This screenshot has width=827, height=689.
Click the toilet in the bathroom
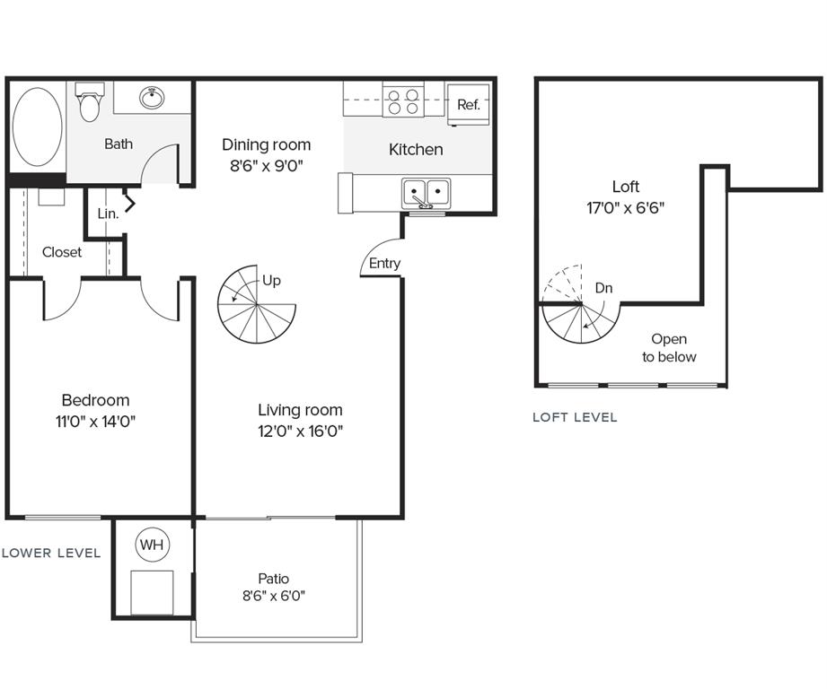click(x=89, y=104)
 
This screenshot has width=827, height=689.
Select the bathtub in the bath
click(x=37, y=126)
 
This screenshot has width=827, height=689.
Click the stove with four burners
click(x=403, y=100)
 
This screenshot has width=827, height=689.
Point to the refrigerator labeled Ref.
click(x=469, y=104)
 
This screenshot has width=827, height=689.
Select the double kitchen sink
click(x=427, y=192)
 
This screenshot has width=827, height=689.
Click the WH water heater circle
click(x=151, y=544)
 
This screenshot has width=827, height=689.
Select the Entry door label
click(x=384, y=263)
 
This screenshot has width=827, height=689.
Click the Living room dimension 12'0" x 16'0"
click(x=300, y=431)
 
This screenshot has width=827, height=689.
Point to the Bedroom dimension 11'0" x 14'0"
click(x=95, y=421)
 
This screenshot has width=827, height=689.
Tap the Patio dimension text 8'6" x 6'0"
click(x=274, y=596)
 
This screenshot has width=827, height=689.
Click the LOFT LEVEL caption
click(x=575, y=417)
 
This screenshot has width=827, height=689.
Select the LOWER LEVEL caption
click(x=51, y=553)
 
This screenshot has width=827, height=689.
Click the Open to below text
click(x=669, y=348)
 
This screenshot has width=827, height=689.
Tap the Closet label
click(x=62, y=252)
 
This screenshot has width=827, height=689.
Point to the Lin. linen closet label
click(x=108, y=214)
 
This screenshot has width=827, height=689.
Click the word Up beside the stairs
click(x=271, y=281)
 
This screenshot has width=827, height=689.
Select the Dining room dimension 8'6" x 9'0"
click(x=266, y=165)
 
